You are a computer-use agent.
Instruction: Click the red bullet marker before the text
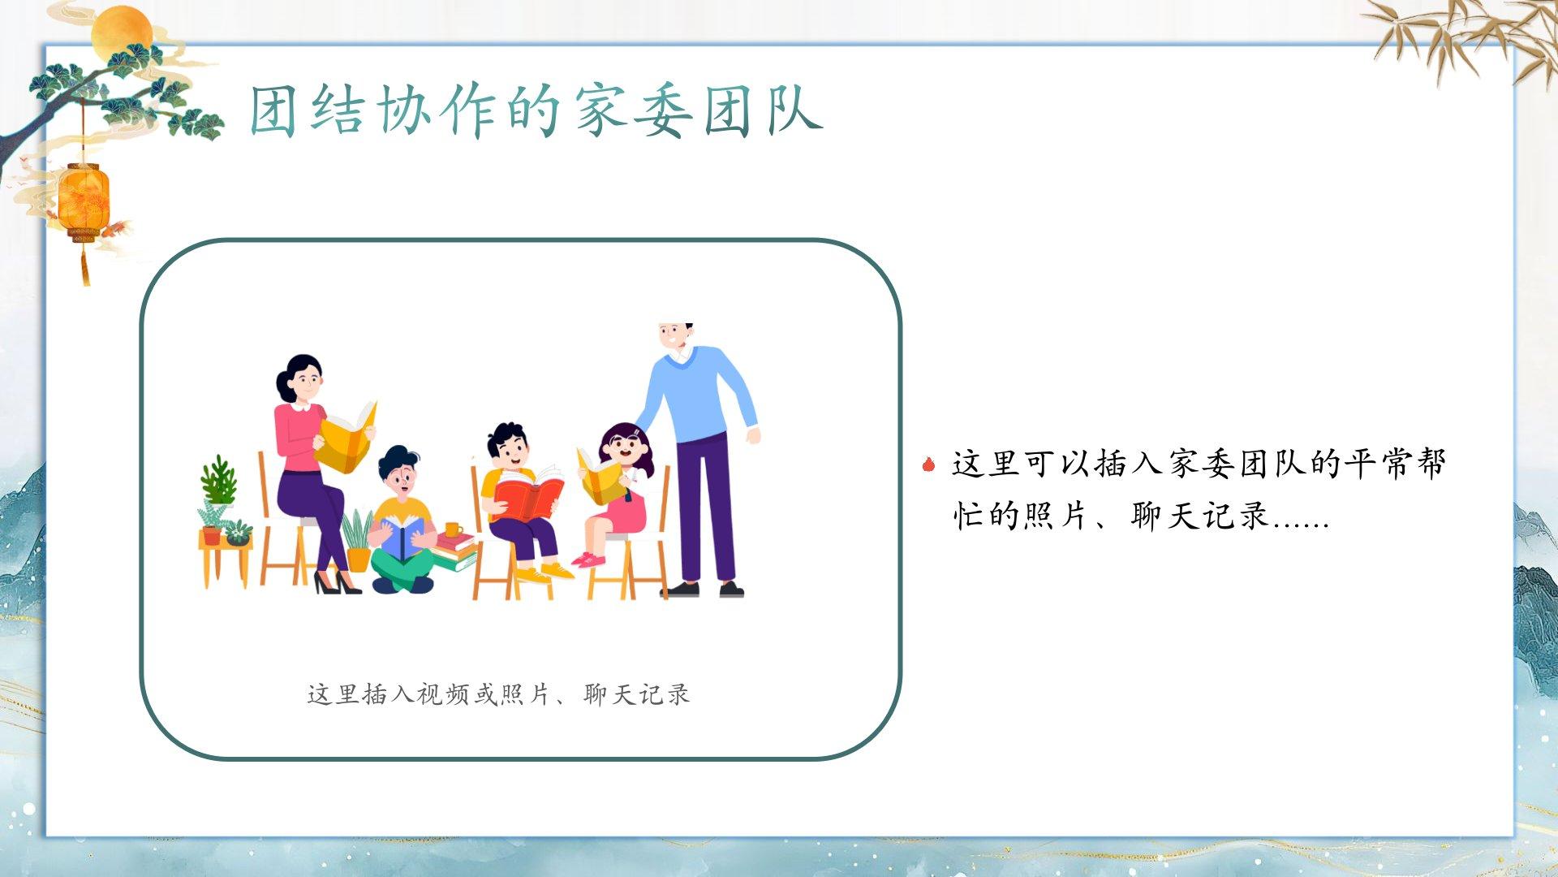click(929, 464)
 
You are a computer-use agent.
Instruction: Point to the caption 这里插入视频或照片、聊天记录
click(498, 694)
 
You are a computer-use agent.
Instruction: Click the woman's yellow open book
click(347, 437)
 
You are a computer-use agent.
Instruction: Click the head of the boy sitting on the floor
click(399, 471)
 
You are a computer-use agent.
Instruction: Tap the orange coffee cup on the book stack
click(453, 530)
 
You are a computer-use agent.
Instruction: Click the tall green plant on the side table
click(218, 481)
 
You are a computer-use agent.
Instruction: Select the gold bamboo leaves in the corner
click(1461, 37)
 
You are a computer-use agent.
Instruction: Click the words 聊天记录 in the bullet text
click(1199, 515)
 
